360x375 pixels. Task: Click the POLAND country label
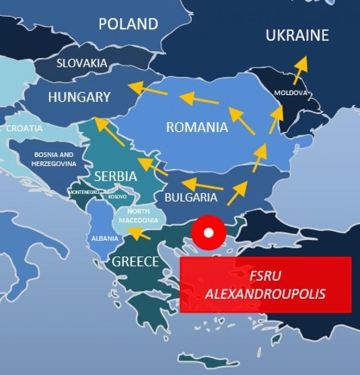point(128,24)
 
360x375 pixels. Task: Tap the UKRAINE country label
point(297,36)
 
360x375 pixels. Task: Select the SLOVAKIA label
point(82,63)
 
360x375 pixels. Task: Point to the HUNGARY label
point(79,97)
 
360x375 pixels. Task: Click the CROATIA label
point(24,128)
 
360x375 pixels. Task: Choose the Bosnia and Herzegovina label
point(54,159)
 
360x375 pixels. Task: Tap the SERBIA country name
point(116,176)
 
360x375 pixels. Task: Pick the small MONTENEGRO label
point(84,192)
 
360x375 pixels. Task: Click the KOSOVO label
point(117,197)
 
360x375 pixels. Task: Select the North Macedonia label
point(139,216)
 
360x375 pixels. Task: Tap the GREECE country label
point(136,262)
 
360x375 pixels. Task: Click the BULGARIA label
point(191,198)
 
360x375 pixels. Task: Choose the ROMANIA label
point(197,127)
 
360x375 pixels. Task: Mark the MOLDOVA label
point(290,93)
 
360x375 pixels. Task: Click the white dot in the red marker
point(208,233)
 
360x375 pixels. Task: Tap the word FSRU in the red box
point(265,276)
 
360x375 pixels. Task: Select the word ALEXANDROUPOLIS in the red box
point(265,294)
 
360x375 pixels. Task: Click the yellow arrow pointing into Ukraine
point(300,70)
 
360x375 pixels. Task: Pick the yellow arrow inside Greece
point(139,234)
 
